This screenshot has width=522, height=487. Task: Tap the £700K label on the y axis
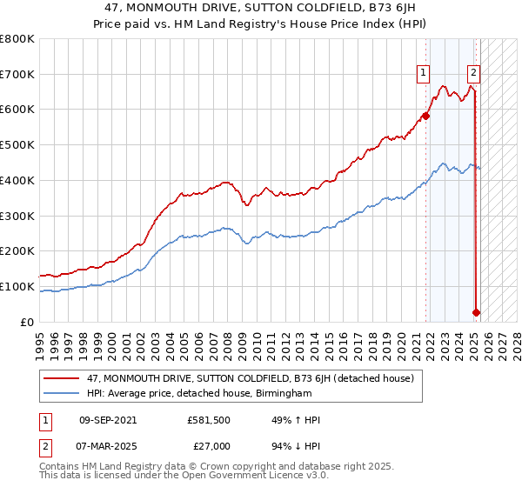[x=17, y=75]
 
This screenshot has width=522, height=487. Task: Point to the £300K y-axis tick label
[x=17, y=216]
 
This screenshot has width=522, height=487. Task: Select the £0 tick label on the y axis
[x=28, y=322]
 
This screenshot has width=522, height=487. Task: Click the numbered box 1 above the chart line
[x=424, y=74]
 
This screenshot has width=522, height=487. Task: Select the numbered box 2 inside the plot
[x=473, y=74]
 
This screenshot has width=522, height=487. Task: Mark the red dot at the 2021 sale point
[x=426, y=115]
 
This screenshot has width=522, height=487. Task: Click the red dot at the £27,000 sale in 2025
[x=477, y=312]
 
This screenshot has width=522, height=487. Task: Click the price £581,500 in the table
[x=208, y=421]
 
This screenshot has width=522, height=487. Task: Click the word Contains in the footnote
[x=61, y=468]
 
